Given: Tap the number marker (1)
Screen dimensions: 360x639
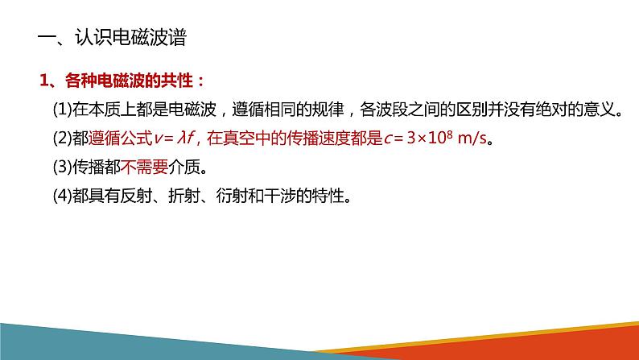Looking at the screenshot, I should (x=61, y=110).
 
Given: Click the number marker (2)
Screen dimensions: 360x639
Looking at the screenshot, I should (x=61, y=139).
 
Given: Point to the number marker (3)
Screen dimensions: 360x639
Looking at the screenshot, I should (x=61, y=168).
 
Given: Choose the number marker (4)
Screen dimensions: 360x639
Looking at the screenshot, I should (x=61, y=197).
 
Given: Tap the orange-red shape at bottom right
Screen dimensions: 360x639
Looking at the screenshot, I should (x=563, y=342).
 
